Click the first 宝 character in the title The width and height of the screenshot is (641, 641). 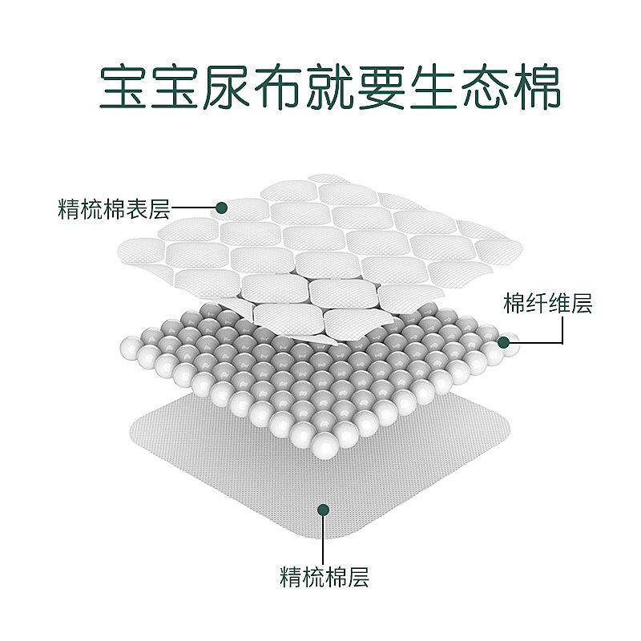(123, 87)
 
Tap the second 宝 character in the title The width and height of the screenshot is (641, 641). (175, 87)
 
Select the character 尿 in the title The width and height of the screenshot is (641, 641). (226, 87)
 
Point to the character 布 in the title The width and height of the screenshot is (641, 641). (278, 87)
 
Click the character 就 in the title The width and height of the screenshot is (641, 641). (330, 87)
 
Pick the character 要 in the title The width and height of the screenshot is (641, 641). (382, 87)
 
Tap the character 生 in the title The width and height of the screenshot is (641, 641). (433, 87)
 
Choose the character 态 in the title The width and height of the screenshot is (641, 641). (486, 87)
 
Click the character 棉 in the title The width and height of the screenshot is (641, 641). (537, 87)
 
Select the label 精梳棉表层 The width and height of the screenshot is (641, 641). (114, 209)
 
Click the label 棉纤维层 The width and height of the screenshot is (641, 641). (548, 303)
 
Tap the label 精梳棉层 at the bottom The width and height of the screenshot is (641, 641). (325, 577)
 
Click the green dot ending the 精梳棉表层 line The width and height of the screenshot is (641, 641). (222, 208)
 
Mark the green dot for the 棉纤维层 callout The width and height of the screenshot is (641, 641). (504, 343)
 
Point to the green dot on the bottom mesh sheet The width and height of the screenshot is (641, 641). (324, 510)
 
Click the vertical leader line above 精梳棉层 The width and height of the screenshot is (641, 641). (323, 539)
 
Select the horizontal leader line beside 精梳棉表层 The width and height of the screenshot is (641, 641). (193, 208)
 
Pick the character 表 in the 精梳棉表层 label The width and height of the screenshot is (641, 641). (136, 209)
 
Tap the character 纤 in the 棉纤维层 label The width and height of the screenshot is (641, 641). (537, 303)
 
